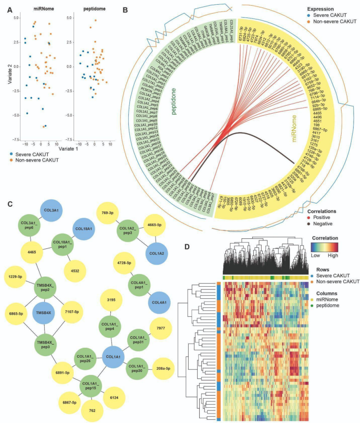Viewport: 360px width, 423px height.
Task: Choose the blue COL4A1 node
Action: pyautogui.click(x=163, y=303)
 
